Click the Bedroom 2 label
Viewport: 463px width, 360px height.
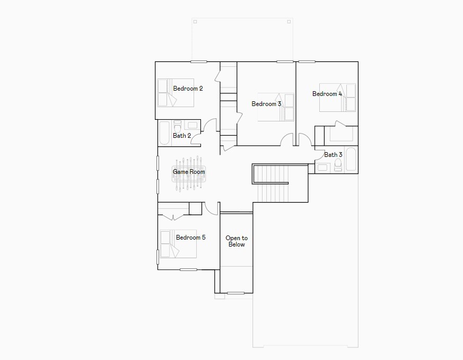tap(188, 89)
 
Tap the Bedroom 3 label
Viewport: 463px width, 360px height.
tap(266, 104)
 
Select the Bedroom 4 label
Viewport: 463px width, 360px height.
tap(327, 94)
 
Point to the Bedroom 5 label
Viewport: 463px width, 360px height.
tap(190, 238)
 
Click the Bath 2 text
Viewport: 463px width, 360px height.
tap(182, 136)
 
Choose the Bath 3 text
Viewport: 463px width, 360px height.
tap(333, 155)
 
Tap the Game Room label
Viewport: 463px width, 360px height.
tap(189, 172)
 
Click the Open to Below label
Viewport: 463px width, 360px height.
tap(237, 241)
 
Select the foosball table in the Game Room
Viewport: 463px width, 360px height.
tap(188, 173)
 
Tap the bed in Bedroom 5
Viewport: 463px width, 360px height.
tap(178, 244)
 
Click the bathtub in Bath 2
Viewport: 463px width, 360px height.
tap(164, 133)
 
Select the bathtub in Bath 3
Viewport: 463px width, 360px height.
tap(351, 159)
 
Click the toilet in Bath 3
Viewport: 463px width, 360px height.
tap(338, 165)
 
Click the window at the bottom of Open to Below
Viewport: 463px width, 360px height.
tap(235, 293)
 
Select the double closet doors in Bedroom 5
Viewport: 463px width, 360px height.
tap(173, 217)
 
